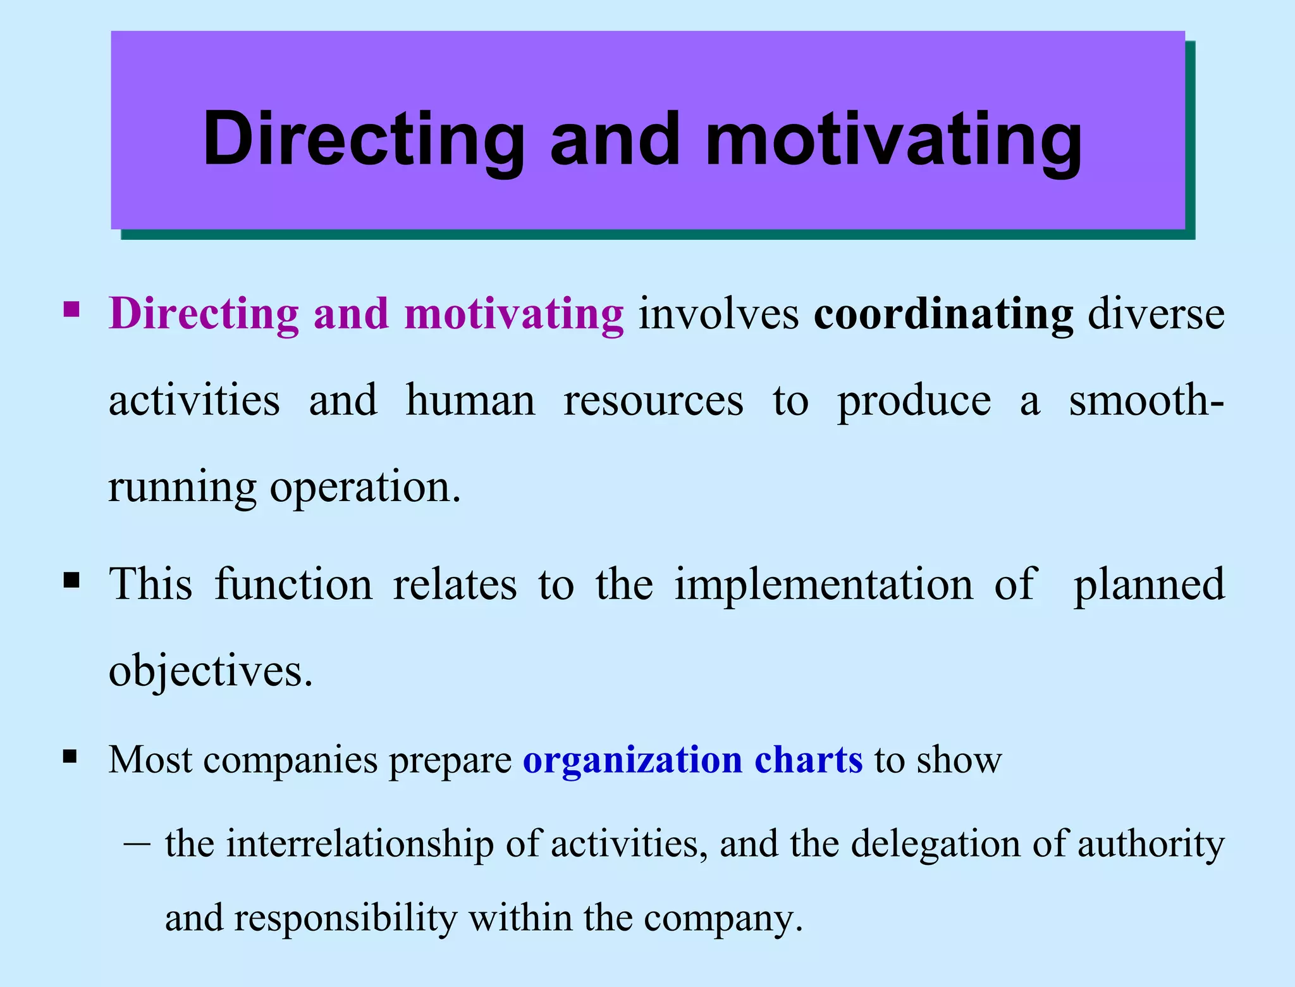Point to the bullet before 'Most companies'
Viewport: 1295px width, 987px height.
click(70, 756)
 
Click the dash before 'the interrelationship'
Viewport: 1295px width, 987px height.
click(137, 845)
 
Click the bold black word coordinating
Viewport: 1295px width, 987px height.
click(943, 314)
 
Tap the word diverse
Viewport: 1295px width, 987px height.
click(1156, 314)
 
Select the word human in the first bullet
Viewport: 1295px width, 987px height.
click(470, 400)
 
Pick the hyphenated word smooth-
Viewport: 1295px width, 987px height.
click(1146, 400)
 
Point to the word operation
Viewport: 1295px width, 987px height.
click(365, 488)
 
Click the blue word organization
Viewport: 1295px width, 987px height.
click(632, 760)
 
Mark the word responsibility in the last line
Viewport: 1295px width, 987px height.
click(346, 918)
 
